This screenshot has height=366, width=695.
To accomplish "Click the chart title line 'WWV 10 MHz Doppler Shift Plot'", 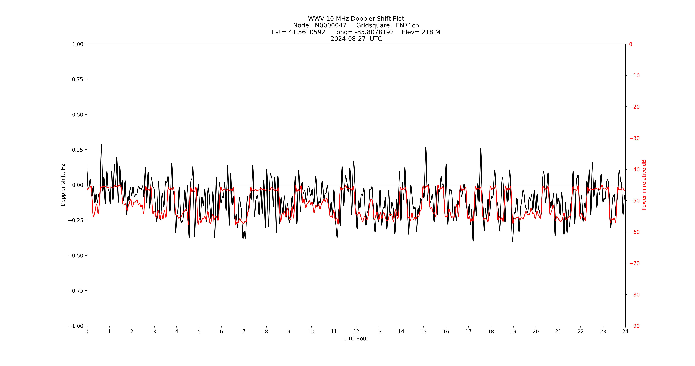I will [x=356, y=19].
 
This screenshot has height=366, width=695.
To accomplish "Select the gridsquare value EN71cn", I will [x=407, y=25].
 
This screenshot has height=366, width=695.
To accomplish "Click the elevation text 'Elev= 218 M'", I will [x=421, y=32].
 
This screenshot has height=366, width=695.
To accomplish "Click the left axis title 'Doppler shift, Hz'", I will [x=63, y=185].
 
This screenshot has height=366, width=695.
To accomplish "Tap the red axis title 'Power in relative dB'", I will [x=644, y=185].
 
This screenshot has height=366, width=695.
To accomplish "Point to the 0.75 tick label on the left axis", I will [x=77, y=79].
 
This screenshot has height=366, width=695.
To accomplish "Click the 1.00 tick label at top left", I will [x=77, y=44].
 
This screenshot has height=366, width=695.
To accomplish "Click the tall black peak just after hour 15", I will [x=426, y=148].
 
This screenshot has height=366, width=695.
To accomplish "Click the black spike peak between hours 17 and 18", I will [x=481, y=148].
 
